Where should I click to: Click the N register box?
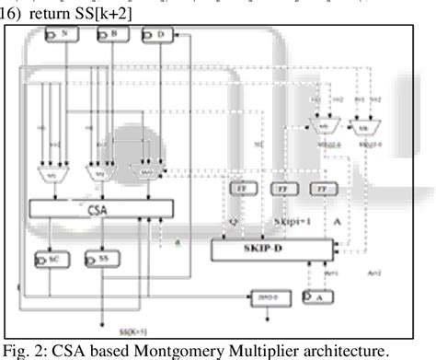(63, 35)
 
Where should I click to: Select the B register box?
(111, 35)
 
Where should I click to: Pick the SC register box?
(50, 261)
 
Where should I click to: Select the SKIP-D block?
(275, 248)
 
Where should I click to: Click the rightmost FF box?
(323, 188)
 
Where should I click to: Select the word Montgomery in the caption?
(169, 351)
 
